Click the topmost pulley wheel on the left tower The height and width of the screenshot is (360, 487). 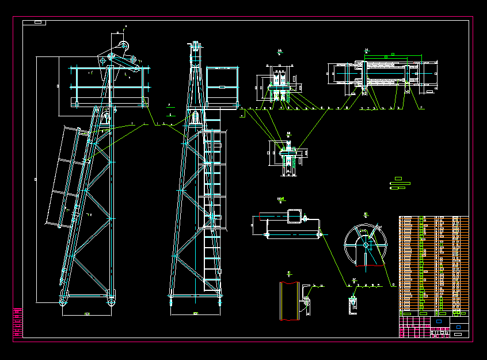tap(122, 47)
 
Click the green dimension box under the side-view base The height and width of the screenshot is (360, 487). tap(87, 314)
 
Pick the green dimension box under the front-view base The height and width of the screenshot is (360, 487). tap(196, 314)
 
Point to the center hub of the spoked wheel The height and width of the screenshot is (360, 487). tap(366, 244)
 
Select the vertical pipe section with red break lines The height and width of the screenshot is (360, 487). tap(289, 301)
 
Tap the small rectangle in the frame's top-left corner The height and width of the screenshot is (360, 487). tap(38, 22)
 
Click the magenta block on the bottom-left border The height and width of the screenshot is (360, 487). tap(18, 324)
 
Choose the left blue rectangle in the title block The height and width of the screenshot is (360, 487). tap(439, 321)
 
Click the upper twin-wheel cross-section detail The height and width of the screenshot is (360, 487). tap(281, 86)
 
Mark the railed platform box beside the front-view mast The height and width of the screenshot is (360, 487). tap(222, 86)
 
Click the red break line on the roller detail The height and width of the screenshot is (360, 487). tap(265, 234)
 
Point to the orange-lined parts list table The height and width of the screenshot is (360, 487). tap(433, 265)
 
